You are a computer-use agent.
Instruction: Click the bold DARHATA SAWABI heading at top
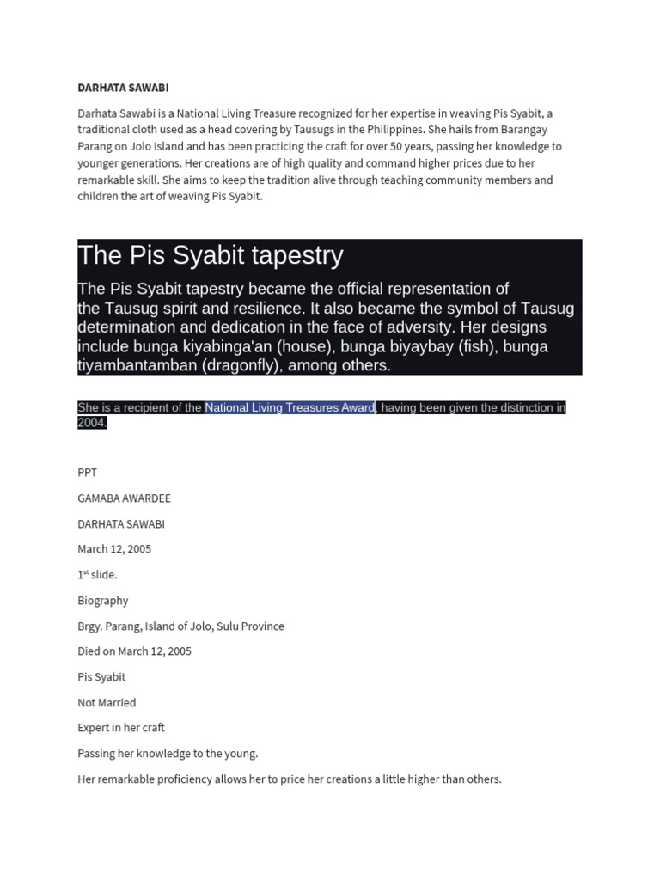point(123,88)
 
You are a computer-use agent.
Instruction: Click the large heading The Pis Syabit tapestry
point(211,255)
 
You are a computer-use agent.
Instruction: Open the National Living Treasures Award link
point(290,407)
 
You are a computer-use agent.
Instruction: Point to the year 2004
point(91,423)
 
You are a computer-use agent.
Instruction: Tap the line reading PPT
point(87,473)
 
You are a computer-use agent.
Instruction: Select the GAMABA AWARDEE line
point(124,498)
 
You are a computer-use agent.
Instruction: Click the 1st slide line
point(97,575)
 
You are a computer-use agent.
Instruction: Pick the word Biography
point(102,601)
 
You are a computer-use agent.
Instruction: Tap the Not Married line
point(107,703)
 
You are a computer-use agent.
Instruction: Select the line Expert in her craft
point(120,728)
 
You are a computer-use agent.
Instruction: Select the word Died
point(90,651)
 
